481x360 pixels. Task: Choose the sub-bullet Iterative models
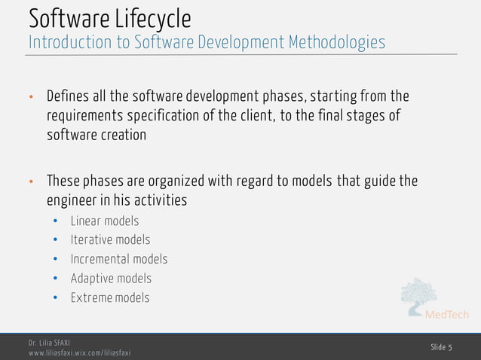(x=110, y=239)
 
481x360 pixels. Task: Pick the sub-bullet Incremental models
(x=118, y=259)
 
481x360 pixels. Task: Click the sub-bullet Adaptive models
(x=111, y=278)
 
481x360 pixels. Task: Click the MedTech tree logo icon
(x=418, y=295)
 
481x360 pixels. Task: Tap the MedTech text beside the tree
(x=447, y=314)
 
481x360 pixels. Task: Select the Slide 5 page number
(x=441, y=346)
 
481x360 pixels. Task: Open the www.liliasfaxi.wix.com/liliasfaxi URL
(x=79, y=352)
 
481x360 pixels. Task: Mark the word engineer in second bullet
(x=72, y=200)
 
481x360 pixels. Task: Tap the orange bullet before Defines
(x=31, y=98)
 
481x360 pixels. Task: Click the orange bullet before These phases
(x=31, y=182)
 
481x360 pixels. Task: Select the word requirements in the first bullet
(x=87, y=116)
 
